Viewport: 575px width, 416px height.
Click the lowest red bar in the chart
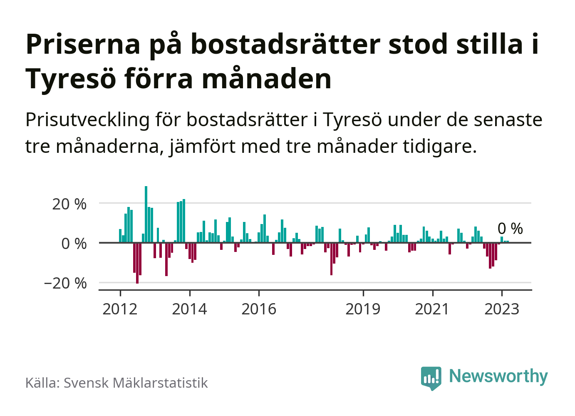tap(137, 263)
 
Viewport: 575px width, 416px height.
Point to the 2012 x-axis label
tap(120, 309)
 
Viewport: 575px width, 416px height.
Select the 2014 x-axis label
tap(189, 309)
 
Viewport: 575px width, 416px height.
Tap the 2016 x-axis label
tap(259, 309)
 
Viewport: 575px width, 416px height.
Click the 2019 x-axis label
tap(363, 309)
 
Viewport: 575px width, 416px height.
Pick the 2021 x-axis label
tap(432, 309)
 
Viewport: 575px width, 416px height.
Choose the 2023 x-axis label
tap(502, 309)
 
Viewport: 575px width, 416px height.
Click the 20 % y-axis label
tap(69, 204)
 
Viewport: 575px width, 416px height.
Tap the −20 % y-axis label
tap(65, 284)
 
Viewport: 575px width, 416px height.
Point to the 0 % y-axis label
tap(74, 244)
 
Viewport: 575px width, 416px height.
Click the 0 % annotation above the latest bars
tap(510, 229)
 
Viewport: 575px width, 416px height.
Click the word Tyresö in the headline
tap(70, 78)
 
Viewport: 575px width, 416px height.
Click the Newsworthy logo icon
tap(431, 377)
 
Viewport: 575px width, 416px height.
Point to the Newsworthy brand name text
tap(498, 376)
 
